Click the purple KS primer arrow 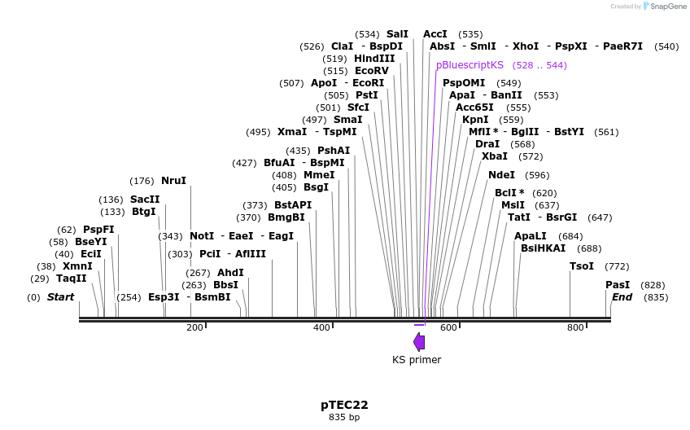click(x=419, y=341)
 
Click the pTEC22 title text click(x=344, y=405)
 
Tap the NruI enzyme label click(x=173, y=181)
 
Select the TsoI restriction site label click(x=582, y=266)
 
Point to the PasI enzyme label click(x=618, y=285)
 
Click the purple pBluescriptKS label click(x=469, y=65)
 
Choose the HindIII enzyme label click(x=374, y=59)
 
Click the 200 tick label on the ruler click(x=194, y=327)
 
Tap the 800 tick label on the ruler click(x=575, y=327)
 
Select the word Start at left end click(x=60, y=297)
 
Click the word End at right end click(x=622, y=297)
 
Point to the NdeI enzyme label click(x=501, y=175)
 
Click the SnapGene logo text click(x=666, y=7)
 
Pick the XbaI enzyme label click(x=495, y=156)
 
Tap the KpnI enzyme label click(x=475, y=120)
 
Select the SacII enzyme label click(x=145, y=200)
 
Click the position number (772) click(x=618, y=266)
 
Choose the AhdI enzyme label click(x=230, y=273)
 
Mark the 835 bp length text click(x=344, y=418)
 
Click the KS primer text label click(x=417, y=360)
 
